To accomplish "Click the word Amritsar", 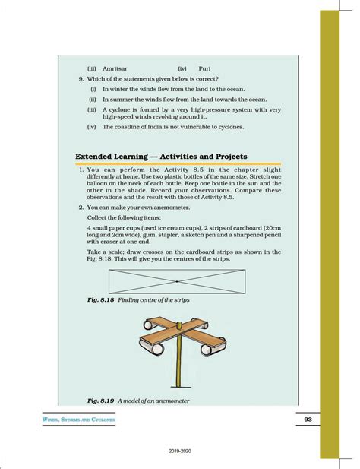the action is pos(115,68).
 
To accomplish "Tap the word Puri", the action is pos(205,68).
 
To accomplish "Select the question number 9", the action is pos(81,78).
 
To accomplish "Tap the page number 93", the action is pos(308,420).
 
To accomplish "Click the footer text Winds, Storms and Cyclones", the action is pos(81,420).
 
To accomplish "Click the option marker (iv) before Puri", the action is pos(182,68).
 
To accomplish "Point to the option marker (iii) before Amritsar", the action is pos(92,68).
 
